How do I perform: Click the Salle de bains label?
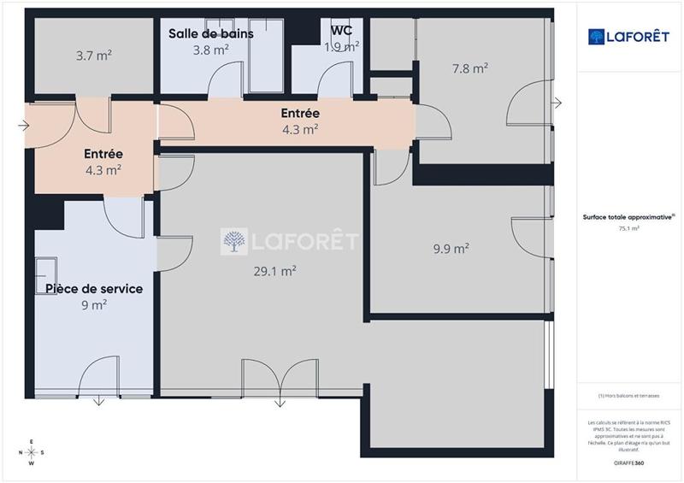tap(210, 32)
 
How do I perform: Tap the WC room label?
tap(342, 32)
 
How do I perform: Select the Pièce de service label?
tap(94, 289)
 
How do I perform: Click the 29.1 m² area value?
tap(274, 271)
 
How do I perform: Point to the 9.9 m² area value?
tap(451, 249)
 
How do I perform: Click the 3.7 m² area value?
tap(94, 56)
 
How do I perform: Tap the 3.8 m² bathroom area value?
tap(210, 50)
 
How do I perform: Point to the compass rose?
tap(31, 452)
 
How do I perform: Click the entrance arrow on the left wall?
tap(22, 125)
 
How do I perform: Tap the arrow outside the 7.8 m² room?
tap(557, 103)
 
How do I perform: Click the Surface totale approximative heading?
tap(630, 218)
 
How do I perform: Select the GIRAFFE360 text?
tap(631, 462)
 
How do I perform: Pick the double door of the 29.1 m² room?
tap(280, 379)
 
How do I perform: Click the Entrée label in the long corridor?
tap(300, 114)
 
